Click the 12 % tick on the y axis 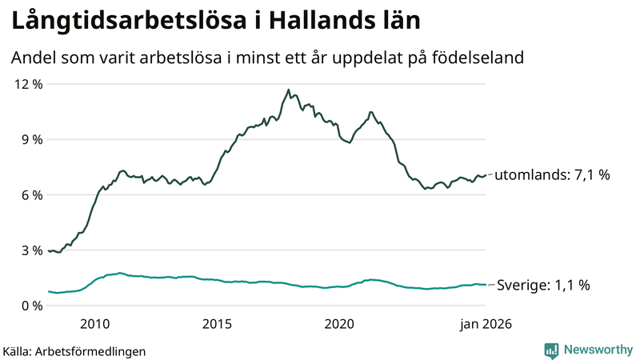(26, 84)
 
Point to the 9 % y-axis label (30, 139)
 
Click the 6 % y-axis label (30, 195)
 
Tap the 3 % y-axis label (30, 250)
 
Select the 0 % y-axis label (30, 306)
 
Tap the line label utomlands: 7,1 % (552, 174)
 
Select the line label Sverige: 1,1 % (544, 285)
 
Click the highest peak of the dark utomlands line (288, 90)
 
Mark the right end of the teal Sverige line (486, 285)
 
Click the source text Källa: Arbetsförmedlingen (74, 350)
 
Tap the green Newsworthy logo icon (551, 350)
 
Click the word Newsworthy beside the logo (597, 350)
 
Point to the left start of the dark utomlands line (49, 251)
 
